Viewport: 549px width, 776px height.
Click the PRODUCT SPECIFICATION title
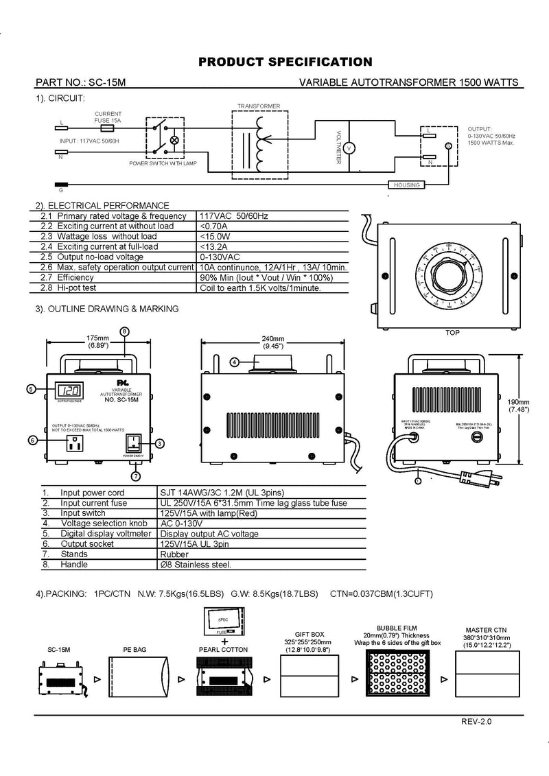click(x=285, y=62)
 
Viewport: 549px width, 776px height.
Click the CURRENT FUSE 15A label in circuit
click(x=108, y=117)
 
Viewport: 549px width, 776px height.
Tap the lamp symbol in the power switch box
click(x=174, y=140)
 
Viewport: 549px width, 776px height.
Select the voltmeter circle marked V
click(x=348, y=148)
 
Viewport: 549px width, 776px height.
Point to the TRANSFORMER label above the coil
click(x=258, y=106)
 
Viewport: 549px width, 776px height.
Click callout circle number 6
click(x=32, y=440)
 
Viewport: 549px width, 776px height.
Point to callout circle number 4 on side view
click(x=234, y=362)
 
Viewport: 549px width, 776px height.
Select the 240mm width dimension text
click(x=272, y=340)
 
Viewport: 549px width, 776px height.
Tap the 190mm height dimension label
click(x=519, y=402)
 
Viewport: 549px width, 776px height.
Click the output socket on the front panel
click(x=73, y=444)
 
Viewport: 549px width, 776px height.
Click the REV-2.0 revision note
click(x=476, y=721)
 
